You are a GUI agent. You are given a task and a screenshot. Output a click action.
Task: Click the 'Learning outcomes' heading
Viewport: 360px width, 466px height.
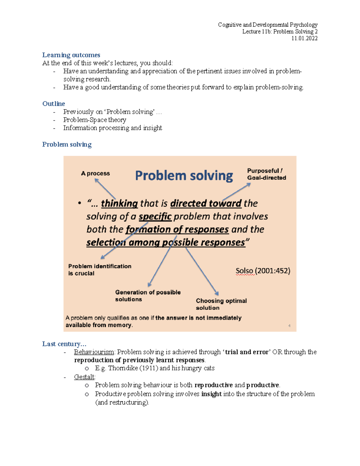[x=71, y=55]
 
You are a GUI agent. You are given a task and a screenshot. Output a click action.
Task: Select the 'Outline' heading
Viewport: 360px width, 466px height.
[x=54, y=104]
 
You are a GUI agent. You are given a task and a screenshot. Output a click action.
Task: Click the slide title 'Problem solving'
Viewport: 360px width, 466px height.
[x=184, y=176]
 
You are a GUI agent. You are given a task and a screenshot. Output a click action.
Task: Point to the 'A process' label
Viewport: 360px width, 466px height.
[x=95, y=173]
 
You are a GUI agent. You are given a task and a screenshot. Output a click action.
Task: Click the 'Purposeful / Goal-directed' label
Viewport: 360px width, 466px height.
[x=266, y=174]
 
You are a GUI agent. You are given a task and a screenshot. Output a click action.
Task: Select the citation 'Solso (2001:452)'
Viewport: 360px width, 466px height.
[x=263, y=271]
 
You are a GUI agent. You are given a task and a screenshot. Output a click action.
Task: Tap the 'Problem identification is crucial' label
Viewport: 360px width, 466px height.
[x=100, y=270]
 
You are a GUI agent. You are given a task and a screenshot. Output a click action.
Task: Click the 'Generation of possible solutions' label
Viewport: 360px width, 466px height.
[x=148, y=296]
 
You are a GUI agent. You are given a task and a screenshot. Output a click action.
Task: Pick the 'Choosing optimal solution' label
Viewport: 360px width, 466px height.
[x=221, y=304]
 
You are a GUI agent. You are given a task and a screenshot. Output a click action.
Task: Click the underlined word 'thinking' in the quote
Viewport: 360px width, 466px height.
[x=119, y=203]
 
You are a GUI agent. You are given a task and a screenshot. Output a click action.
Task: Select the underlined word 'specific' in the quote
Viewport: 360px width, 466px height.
[x=155, y=216]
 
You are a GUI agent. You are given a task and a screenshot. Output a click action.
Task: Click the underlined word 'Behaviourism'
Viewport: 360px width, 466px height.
[x=94, y=352]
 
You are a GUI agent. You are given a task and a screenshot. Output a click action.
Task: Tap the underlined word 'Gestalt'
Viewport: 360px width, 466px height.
[x=84, y=377]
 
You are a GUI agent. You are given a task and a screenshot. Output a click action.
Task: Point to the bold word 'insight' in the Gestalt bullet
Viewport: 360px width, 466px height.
[x=211, y=394]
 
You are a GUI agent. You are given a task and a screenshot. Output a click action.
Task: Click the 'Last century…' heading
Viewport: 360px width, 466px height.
[x=64, y=344]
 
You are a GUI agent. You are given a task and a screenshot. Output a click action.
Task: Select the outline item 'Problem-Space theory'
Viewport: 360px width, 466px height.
[x=94, y=120]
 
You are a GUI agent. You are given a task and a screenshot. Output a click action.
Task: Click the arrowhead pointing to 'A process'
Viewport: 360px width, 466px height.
[x=97, y=180]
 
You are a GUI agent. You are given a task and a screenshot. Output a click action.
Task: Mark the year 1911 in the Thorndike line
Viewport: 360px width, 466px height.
[x=149, y=368]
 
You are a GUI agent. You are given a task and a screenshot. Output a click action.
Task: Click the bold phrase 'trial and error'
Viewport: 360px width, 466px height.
[x=247, y=352]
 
